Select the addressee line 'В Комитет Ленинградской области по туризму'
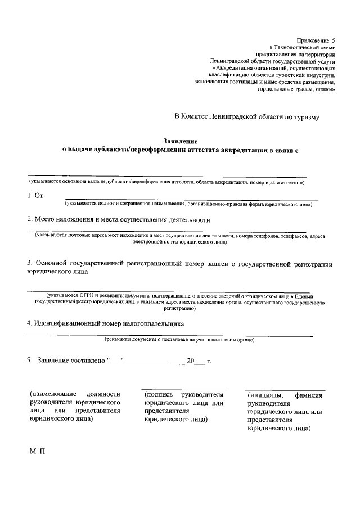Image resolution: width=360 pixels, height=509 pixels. tap(246, 117)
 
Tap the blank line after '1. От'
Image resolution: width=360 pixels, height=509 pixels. tap(191, 200)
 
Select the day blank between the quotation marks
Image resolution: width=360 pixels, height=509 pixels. tap(115, 362)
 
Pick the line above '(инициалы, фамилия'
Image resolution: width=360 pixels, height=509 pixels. tap(285, 390)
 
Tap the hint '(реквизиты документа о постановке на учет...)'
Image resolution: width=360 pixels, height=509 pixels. tap(179, 340)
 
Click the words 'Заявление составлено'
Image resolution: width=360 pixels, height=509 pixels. tap(70, 361)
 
